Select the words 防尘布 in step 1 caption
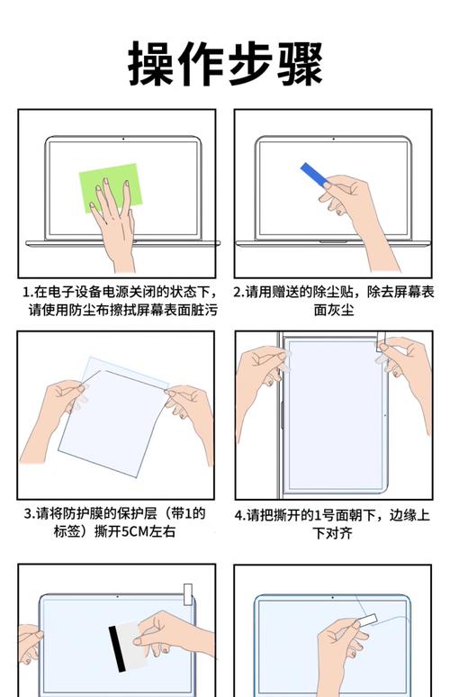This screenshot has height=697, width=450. coord(99,310)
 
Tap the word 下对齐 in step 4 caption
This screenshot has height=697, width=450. coord(332,533)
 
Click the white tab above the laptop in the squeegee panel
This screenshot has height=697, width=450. coord(187,593)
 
